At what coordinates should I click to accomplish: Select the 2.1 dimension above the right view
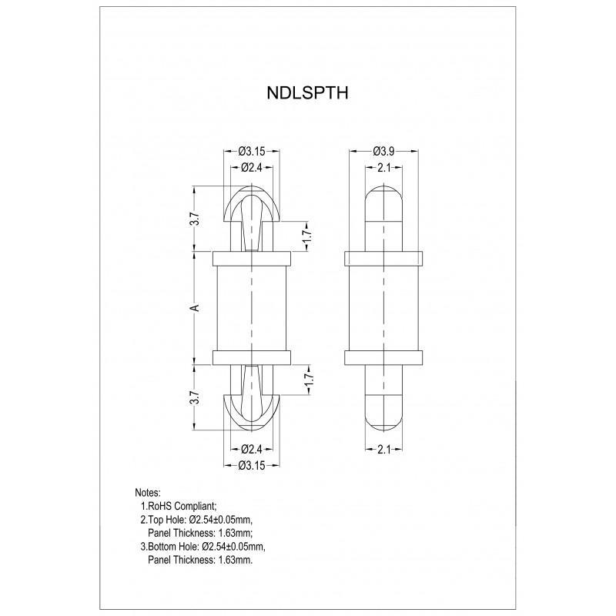[x=384, y=167]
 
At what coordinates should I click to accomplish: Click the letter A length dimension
[x=196, y=307]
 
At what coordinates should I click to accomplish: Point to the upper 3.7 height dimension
[x=196, y=219]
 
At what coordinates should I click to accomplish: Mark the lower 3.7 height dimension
[x=196, y=397]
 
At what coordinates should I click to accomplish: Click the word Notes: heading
[x=147, y=492]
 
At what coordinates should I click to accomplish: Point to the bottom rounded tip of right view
[x=384, y=416]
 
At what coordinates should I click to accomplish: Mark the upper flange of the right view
[x=384, y=257]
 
